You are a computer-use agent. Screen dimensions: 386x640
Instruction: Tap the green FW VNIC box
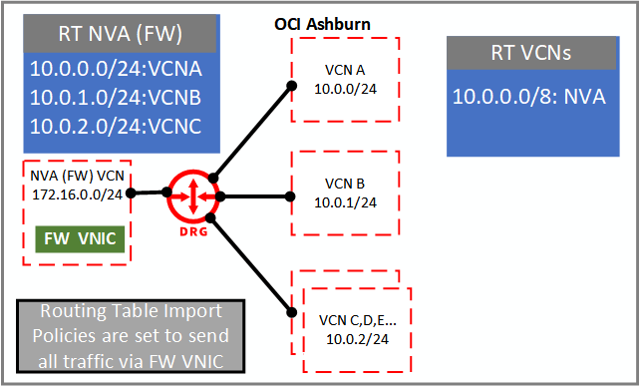(x=80, y=240)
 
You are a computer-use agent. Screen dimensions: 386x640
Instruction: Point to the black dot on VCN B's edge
(x=289, y=195)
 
